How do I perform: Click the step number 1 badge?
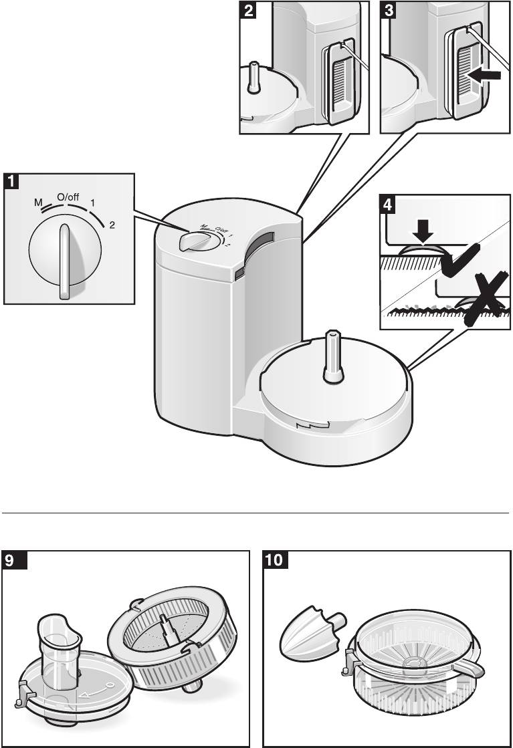(11, 181)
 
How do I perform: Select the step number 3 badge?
(387, 11)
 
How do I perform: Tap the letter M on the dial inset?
(38, 203)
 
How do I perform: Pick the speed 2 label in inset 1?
(112, 226)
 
